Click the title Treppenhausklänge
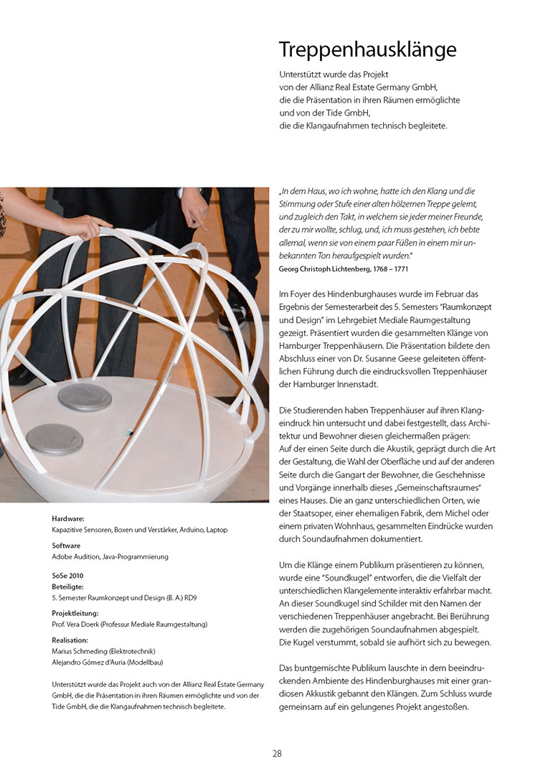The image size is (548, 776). pos(367,50)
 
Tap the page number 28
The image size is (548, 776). pos(277,753)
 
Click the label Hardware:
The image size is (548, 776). pos(68,518)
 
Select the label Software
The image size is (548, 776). pos(67,546)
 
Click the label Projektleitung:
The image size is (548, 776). pos(75,613)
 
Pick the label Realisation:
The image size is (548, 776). pos(70,639)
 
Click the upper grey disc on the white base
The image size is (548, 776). pos(85,397)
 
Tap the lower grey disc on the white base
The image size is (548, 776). pos(54,438)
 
